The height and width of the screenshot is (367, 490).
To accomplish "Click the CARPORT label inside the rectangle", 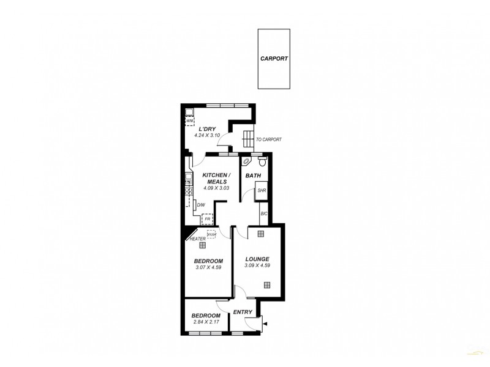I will [274, 59].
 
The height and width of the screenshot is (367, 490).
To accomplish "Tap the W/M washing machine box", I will [190, 120].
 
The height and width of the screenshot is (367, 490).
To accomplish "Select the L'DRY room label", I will [208, 128].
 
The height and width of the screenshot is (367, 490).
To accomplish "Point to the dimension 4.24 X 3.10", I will [207, 135].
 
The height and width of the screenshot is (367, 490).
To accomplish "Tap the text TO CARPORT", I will [269, 139].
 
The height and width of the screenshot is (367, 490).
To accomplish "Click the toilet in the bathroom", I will [262, 161].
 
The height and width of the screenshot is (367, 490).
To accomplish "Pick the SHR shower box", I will [262, 191].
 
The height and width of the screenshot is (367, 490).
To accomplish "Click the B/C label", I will [264, 213].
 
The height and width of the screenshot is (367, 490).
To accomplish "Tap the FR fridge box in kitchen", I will [208, 218].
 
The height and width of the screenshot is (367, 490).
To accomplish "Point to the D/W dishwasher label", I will [201, 206].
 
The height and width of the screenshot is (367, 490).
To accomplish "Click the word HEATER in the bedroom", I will [197, 239].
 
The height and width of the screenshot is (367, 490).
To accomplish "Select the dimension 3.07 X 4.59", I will [208, 267].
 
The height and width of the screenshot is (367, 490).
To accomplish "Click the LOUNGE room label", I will [257, 259].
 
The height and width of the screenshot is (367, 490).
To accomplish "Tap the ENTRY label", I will [243, 312].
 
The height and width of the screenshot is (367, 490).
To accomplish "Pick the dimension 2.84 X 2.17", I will [206, 322].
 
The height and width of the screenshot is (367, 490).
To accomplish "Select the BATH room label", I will [254, 176].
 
